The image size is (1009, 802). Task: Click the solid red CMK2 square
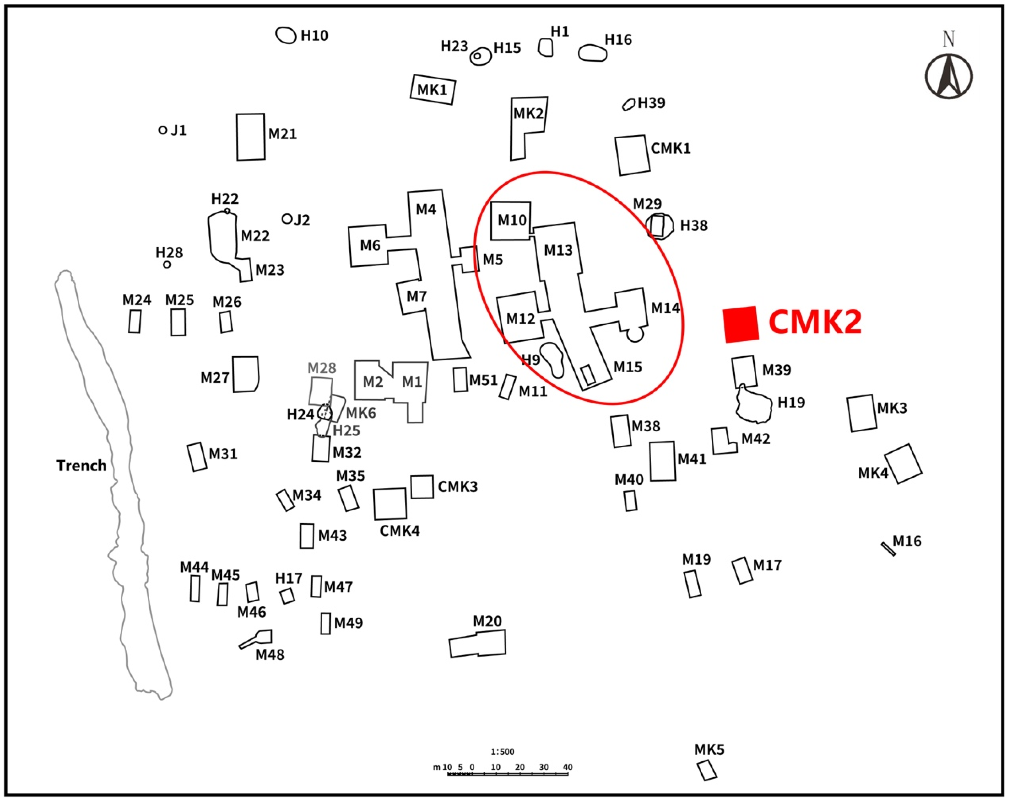pos(740,324)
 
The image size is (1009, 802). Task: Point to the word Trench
pos(81,466)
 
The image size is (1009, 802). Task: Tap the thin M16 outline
pos(888,549)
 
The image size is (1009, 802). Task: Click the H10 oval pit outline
pos(285,35)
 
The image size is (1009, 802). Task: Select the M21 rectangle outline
pos(250,137)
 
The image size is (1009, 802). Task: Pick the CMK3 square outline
pos(422,487)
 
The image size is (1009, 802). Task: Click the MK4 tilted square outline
pos(903,464)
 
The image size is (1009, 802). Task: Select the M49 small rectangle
pos(325,623)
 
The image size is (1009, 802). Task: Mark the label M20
pos(487,621)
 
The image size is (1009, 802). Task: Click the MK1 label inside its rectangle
pos(432,89)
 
